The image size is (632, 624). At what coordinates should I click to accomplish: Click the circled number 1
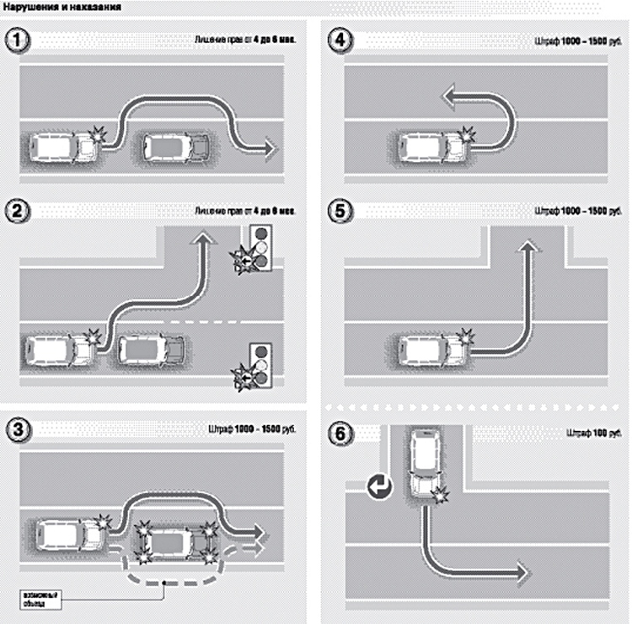(16, 40)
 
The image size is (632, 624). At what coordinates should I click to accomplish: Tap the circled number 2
(16, 211)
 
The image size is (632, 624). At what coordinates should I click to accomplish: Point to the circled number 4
(342, 40)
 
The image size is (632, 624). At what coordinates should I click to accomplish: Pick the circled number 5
(342, 211)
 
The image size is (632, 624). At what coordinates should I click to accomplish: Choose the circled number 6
(342, 433)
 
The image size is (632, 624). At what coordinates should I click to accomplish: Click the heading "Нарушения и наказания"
(60, 7)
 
